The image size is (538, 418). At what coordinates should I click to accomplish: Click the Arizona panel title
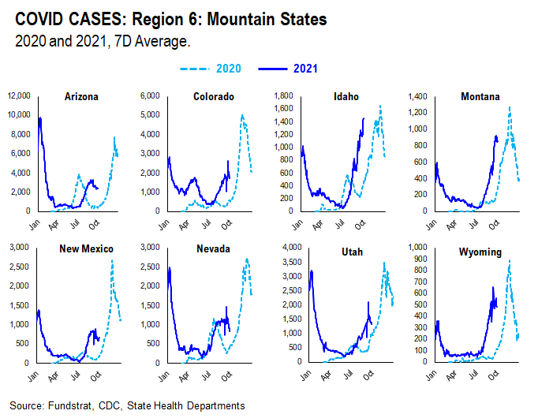click(x=81, y=97)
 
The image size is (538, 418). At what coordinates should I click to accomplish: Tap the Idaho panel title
click(x=346, y=97)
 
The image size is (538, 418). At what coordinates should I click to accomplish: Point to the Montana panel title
click(x=481, y=97)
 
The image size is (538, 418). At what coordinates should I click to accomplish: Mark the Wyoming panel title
click(x=480, y=249)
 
